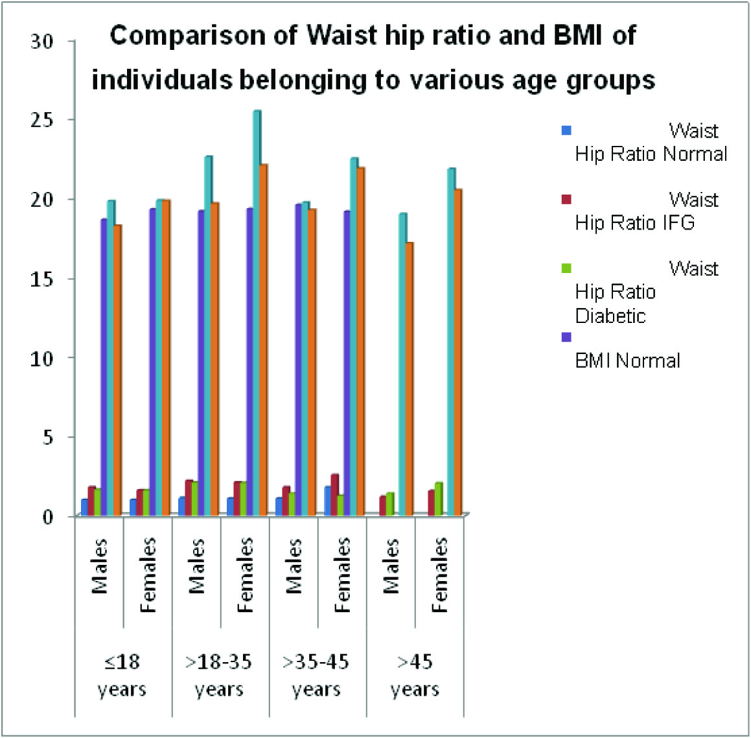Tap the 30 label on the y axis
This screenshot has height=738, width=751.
pyautogui.click(x=42, y=41)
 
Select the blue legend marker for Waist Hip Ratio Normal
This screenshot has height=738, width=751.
pyautogui.click(x=566, y=130)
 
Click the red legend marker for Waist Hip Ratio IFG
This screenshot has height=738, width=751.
pyautogui.click(x=566, y=198)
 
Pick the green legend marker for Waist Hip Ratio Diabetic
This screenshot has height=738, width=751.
pyautogui.click(x=566, y=268)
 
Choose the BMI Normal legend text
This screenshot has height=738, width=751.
pyautogui.click(x=627, y=360)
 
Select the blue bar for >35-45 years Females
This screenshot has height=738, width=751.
pyautogui.click(x=327, y=501)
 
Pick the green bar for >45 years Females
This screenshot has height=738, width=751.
pyautogui.click(x=439, y=499)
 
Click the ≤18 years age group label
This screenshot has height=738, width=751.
pyautogui.click(x=122, y=675)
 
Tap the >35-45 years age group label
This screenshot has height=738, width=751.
pyautogui.click(x=316, y=675)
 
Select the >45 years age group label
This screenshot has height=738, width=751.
pyautogui.click(x=415, y=675)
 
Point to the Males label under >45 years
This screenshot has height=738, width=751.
pyautogui.click(x=390, y=566)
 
